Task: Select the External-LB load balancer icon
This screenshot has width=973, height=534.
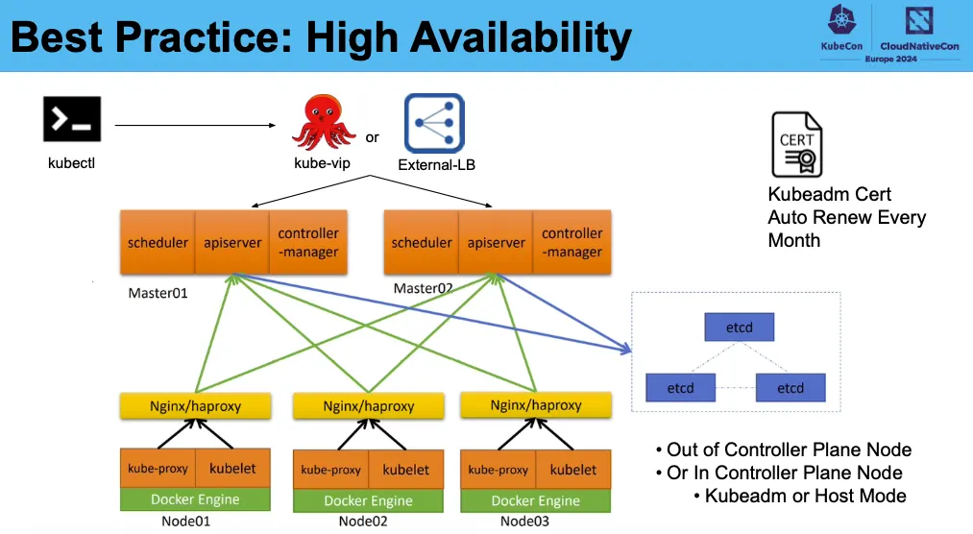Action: pyautogui.click(x=434, y=123)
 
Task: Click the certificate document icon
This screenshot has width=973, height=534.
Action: pyautogui.click(x=797, y=144)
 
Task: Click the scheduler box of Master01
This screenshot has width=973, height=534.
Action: pyautogui.click(x=158, y=242)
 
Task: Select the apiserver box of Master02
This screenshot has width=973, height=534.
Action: pyautogui.click(x=496, y=242)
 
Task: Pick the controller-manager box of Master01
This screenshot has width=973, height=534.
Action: pyautogui.click(x=307, y=242)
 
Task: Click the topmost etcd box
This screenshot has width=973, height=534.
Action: pyautogui.click(x=739, y=328)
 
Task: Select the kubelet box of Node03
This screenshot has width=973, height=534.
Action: pyautogui.click(x=573, y=470)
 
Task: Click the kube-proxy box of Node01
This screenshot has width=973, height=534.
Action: pyautogui.click(x=158, y=469)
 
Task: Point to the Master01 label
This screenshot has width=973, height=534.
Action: pyautogui.click(x=158, y=292)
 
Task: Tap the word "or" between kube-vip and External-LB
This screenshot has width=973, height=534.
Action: pyautogui.click(x=373, y=137)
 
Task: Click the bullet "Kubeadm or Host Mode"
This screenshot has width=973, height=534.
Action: pyautogui.click(x=805, y=496)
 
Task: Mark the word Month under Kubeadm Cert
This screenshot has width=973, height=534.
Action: pyautogui.click(x=794, y=240)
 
